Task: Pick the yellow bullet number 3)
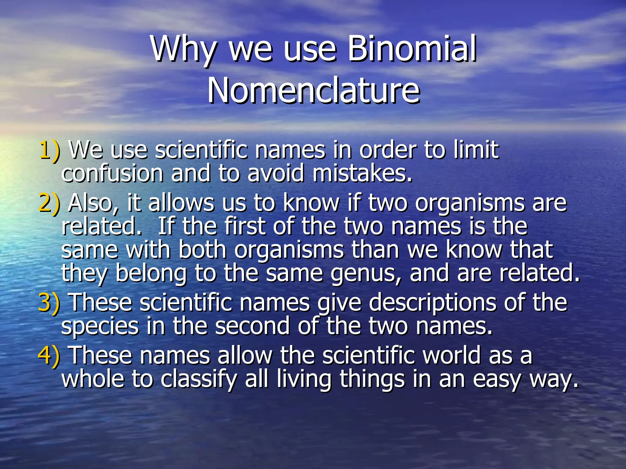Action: pyautogui.click(x=49, y=303)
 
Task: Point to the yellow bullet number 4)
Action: pyautogui.click(x=49, y=355)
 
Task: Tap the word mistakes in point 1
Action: pyautogui.click(x=362, y=173)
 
